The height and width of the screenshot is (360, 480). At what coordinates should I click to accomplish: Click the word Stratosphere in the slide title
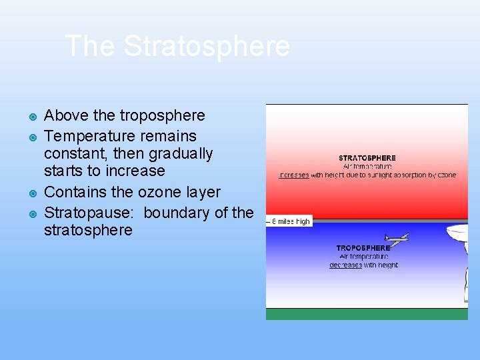click(x=207, y=47)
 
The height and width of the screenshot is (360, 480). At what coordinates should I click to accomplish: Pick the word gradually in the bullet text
click(x=181, y=153)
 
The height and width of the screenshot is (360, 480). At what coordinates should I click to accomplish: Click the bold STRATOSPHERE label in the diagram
click(x=367, y=158)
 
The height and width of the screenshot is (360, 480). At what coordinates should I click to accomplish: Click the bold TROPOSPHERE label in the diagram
click(x=363, y=248)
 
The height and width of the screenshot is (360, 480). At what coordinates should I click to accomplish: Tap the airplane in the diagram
click(x=397, y=237)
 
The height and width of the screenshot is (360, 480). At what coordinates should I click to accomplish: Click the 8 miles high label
click(x=290, y=221)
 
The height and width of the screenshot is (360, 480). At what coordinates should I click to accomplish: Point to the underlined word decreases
click(x=345, y=265)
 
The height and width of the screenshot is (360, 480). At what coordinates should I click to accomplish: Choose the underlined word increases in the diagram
click(x=294, y=175)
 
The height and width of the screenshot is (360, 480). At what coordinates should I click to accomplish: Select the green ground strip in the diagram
click(x=367, y=313)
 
